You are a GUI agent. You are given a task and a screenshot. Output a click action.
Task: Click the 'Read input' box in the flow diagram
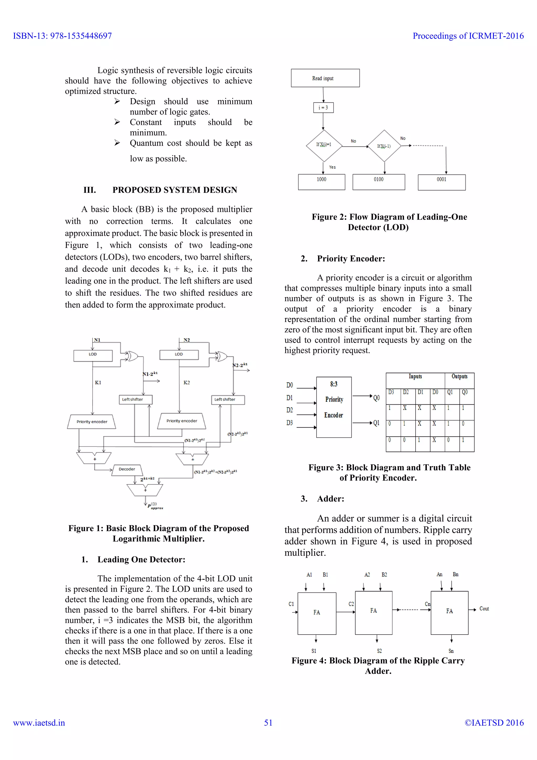(x=325, y=78)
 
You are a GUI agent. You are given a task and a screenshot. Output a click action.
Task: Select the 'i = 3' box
(x=323, y=108)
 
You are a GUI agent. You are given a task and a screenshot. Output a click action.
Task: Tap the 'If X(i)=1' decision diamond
(x=324, y=145)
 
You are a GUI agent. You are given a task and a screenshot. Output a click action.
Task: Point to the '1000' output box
(x=321, y=182)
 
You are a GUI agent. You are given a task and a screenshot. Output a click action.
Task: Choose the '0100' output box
(x=379, y=182)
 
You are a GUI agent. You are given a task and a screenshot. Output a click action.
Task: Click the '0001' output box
(x=442, y=182)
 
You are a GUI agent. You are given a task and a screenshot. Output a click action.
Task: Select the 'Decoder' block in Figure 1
(x=127, y=469)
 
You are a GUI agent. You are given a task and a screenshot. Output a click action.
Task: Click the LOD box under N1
(x=93, y=355)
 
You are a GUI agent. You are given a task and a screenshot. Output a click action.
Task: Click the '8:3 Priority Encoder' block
(x=334, y=407)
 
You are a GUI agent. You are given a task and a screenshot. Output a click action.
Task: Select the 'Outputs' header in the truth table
(x=459, y=377)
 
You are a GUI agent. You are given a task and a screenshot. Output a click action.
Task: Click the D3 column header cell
(x=393, y=396)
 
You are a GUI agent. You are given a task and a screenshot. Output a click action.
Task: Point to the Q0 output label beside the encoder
(x=377, y=398)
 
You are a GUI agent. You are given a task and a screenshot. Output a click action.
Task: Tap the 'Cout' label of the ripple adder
(x=484, y=609)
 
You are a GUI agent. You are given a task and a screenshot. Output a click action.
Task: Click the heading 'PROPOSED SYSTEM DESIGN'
(x=175, y=190)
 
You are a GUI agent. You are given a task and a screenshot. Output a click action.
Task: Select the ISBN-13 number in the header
(x=62, y=36)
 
